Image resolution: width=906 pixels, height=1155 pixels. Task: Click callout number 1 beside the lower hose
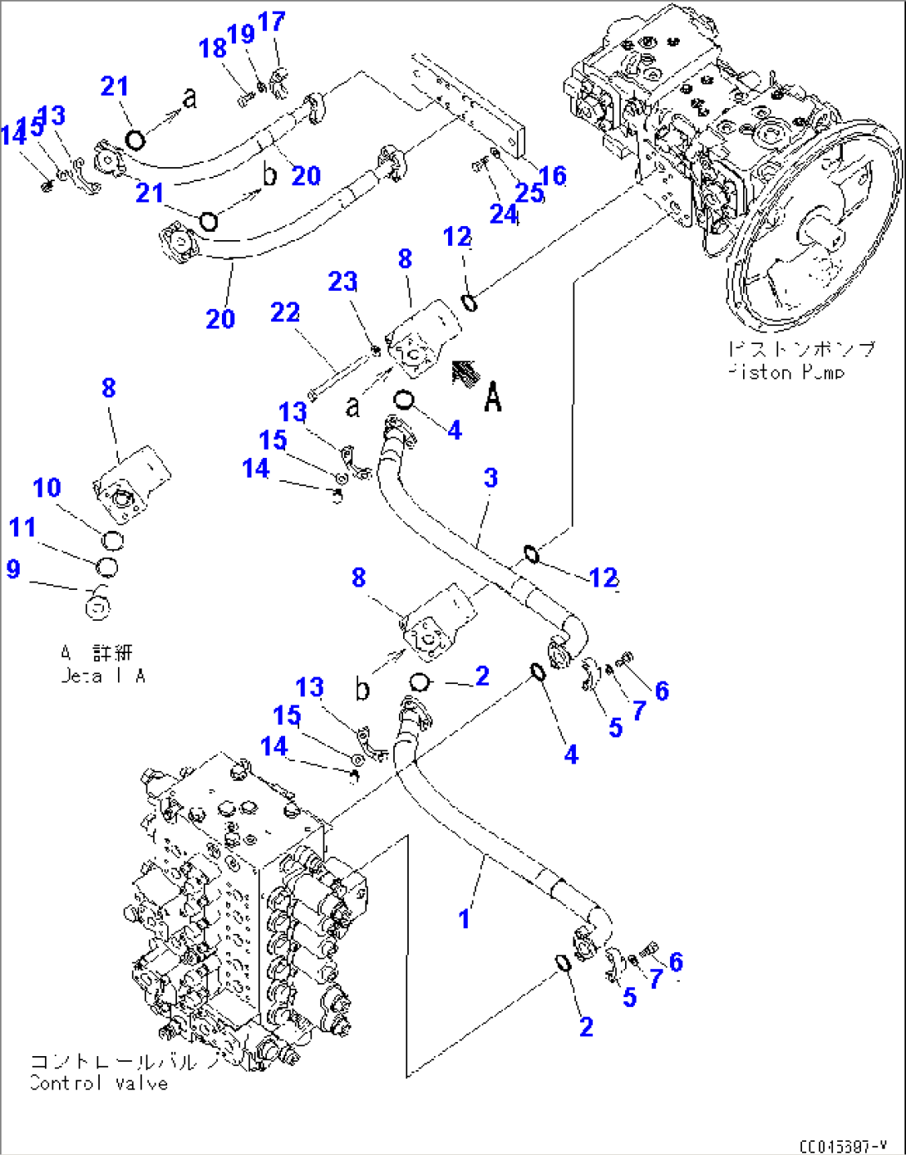tap(464, 919)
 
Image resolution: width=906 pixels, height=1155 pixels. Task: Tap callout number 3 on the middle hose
tap(491, 478)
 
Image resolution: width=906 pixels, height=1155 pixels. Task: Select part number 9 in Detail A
tap(13, 569)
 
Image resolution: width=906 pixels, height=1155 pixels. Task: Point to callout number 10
tap(47, 488)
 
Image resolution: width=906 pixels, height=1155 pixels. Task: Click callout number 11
tap(22, 528)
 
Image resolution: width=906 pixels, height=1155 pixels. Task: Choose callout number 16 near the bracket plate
tap(553, 175)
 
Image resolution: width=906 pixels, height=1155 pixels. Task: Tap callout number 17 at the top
tap(272, 22)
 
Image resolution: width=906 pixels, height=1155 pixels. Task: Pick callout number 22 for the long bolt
tap(284, 312)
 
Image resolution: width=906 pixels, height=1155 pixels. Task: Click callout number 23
tap(342, 282)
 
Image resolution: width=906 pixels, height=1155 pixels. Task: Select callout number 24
tap(503, 214)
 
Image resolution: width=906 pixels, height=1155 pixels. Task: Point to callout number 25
tap(529, 193)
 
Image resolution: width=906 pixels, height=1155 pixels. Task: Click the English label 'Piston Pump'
tap(785, 373)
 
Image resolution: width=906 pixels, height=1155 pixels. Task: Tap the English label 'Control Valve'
tap(98, 1084)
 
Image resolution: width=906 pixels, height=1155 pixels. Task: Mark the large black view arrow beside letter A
tap(465, 375)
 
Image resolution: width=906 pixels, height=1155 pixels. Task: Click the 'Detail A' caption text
tap(103, 676)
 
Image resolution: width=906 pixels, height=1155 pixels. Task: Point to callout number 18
tap(212, 48)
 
